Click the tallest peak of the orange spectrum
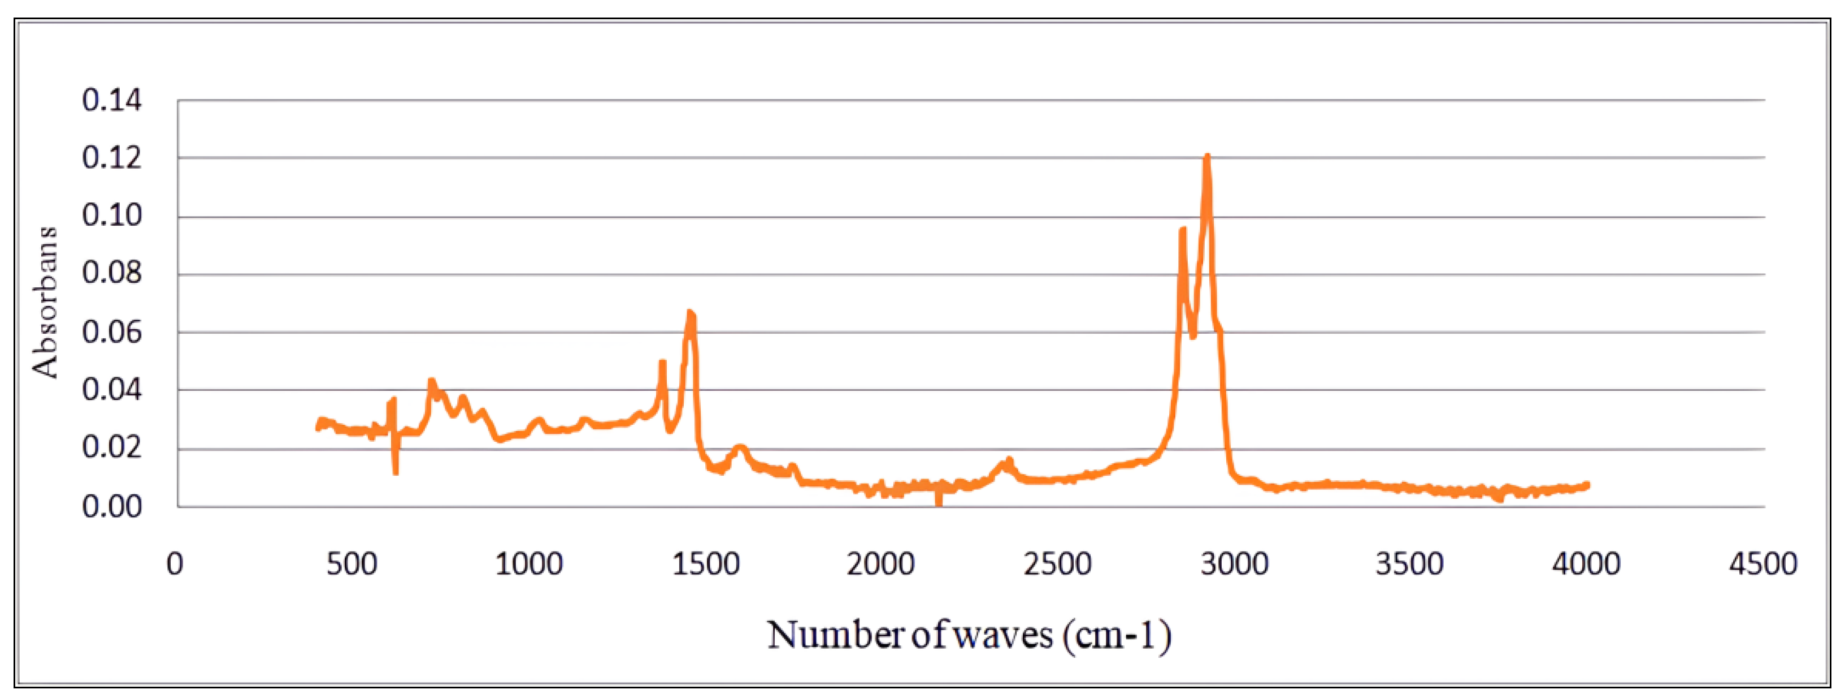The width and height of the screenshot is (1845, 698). click(1207, 157)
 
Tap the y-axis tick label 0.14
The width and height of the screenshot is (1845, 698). click(112, 100)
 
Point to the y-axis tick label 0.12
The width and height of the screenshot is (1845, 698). click(112, 158)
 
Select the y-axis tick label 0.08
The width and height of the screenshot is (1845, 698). click(112, 273)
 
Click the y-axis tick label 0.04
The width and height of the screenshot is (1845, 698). click(112, 390)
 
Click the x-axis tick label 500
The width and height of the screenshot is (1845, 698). click(351, 564)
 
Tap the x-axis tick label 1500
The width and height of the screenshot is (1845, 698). click(705, 564)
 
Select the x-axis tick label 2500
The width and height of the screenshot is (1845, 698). click(1058, 564)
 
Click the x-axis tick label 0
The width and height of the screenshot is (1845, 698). click(175, 564)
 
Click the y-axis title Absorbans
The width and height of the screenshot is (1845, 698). click(45, 303)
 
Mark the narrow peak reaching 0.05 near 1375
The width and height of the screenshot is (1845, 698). click(662, 363)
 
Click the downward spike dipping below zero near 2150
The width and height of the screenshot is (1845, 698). click(938, 503)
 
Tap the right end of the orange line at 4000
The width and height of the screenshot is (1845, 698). click(1587, 485)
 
